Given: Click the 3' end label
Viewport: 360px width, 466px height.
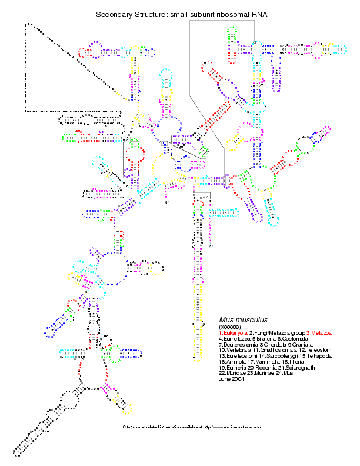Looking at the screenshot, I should click(x=211, y=247).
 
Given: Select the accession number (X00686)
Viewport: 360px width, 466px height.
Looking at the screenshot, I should click(x=230, y=327).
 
